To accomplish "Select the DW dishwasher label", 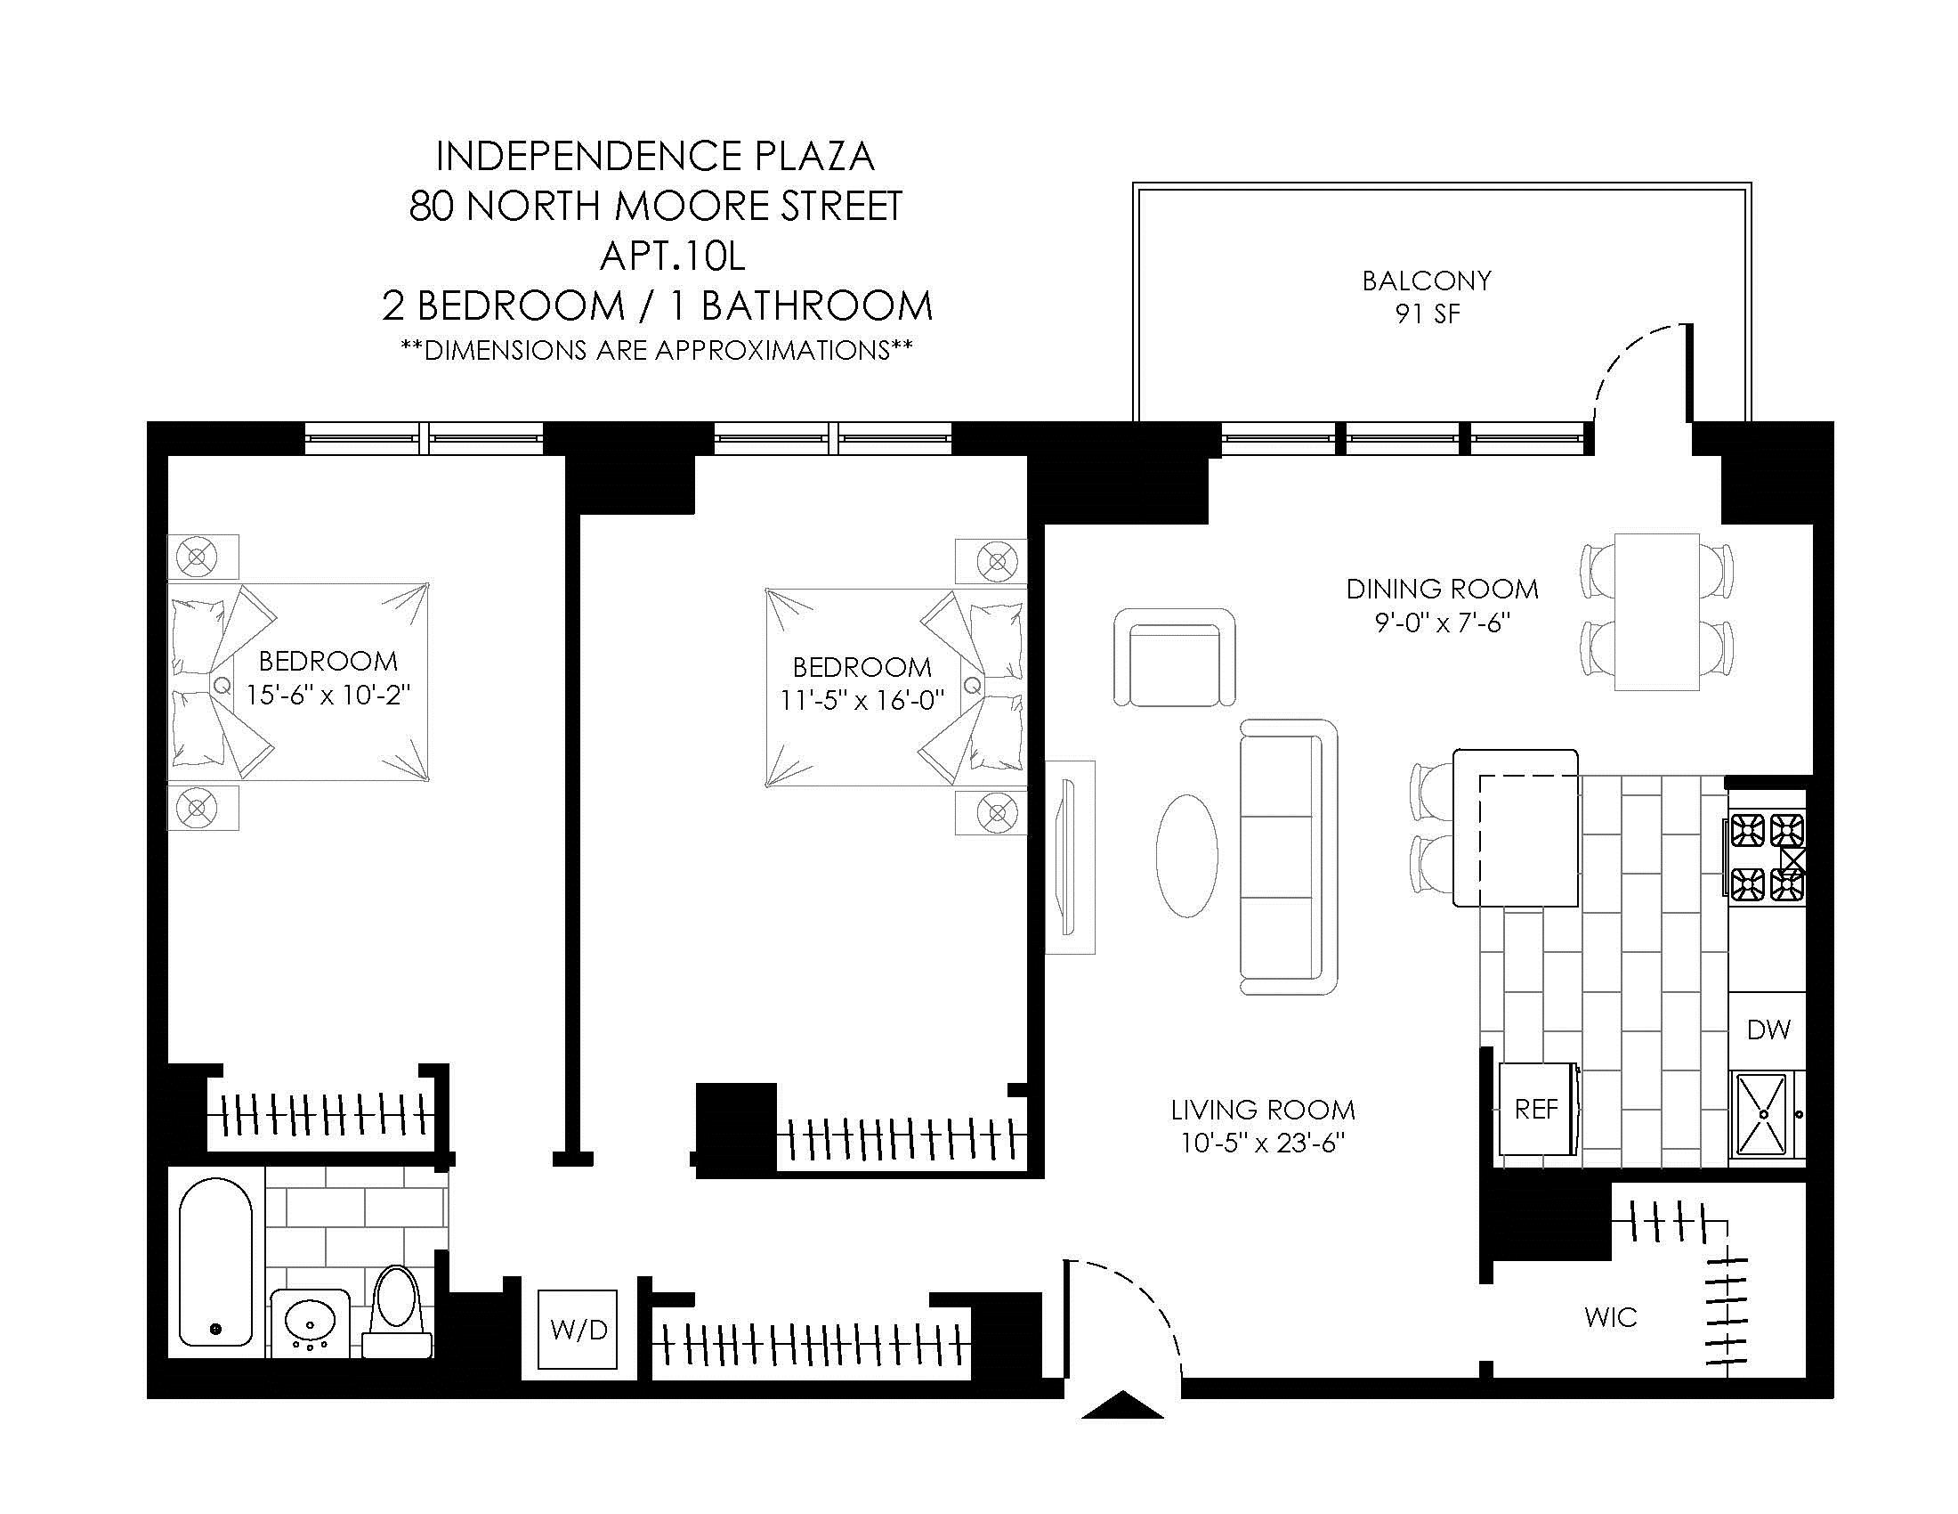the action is [1768, 1030].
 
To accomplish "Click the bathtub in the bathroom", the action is [216, 1261].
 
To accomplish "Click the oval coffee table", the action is [1187, 855].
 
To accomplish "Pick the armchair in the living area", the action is [1175, 657].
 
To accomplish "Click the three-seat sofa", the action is [1289, 857].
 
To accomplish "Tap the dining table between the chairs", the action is [1657, 612].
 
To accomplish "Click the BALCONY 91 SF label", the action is [1427, 297].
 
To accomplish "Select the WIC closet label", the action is [1611, 1316].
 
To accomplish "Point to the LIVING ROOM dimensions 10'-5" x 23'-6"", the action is [1262, 1144].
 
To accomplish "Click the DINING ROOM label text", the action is [1442, 589].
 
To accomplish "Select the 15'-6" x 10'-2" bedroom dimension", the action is [329, 696].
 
